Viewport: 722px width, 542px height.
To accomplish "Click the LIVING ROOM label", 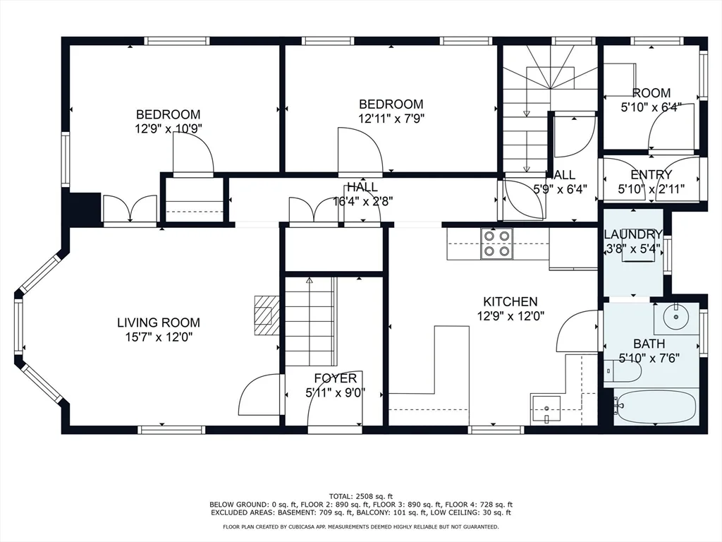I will click(154, 323).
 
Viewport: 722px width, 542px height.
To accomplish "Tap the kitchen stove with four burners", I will click(496, 243).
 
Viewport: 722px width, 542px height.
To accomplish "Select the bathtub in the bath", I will click(655, 406).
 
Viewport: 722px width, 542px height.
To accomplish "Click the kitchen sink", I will click(546, 409).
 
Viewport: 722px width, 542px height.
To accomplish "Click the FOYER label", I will click(335, 378).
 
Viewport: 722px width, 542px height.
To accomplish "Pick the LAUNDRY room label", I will click(632, 234).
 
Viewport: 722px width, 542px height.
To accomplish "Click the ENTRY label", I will click(651, 174).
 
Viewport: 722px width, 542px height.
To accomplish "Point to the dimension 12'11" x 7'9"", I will click(391, 119).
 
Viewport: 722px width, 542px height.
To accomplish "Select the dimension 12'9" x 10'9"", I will click(168, 129).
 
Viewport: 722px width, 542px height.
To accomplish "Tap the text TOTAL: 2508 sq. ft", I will click(360, 495).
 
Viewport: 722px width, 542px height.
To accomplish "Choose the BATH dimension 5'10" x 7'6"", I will click(648, 359).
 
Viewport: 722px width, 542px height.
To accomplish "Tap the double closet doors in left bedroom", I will click(130, 209).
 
